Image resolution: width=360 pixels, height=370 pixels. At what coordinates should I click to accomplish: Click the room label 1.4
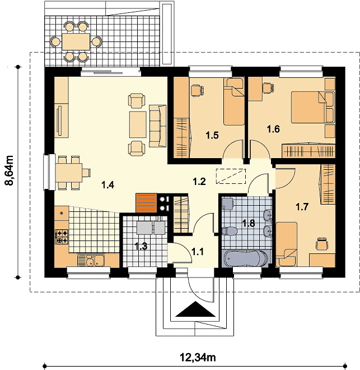108,185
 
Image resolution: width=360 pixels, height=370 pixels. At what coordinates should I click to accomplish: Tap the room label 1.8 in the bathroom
249,223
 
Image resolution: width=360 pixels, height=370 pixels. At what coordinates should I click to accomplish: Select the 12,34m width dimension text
198,358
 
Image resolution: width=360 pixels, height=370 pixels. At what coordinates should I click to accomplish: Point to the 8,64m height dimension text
9,170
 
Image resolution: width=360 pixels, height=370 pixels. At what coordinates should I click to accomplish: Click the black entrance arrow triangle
195,309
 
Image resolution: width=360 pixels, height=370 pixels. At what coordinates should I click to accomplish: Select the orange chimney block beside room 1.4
146,203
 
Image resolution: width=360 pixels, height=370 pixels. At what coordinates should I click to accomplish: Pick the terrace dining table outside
76,42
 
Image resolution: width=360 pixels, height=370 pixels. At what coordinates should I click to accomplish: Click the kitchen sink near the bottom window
91,261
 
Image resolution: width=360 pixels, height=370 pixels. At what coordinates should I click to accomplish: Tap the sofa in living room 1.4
158,127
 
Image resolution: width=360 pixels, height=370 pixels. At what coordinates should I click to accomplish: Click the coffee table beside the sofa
138,124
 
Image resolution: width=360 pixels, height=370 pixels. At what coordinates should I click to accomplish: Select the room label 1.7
302,207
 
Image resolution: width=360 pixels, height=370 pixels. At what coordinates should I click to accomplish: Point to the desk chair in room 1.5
197,91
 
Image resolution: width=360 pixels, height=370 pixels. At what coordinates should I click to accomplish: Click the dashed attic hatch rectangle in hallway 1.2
231,176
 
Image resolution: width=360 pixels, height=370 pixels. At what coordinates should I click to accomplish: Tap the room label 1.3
141,246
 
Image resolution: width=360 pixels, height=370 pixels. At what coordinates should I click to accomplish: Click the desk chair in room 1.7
322,243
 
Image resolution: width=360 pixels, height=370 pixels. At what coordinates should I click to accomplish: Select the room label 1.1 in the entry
198,252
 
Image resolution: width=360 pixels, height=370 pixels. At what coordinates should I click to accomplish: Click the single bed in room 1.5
233,101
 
